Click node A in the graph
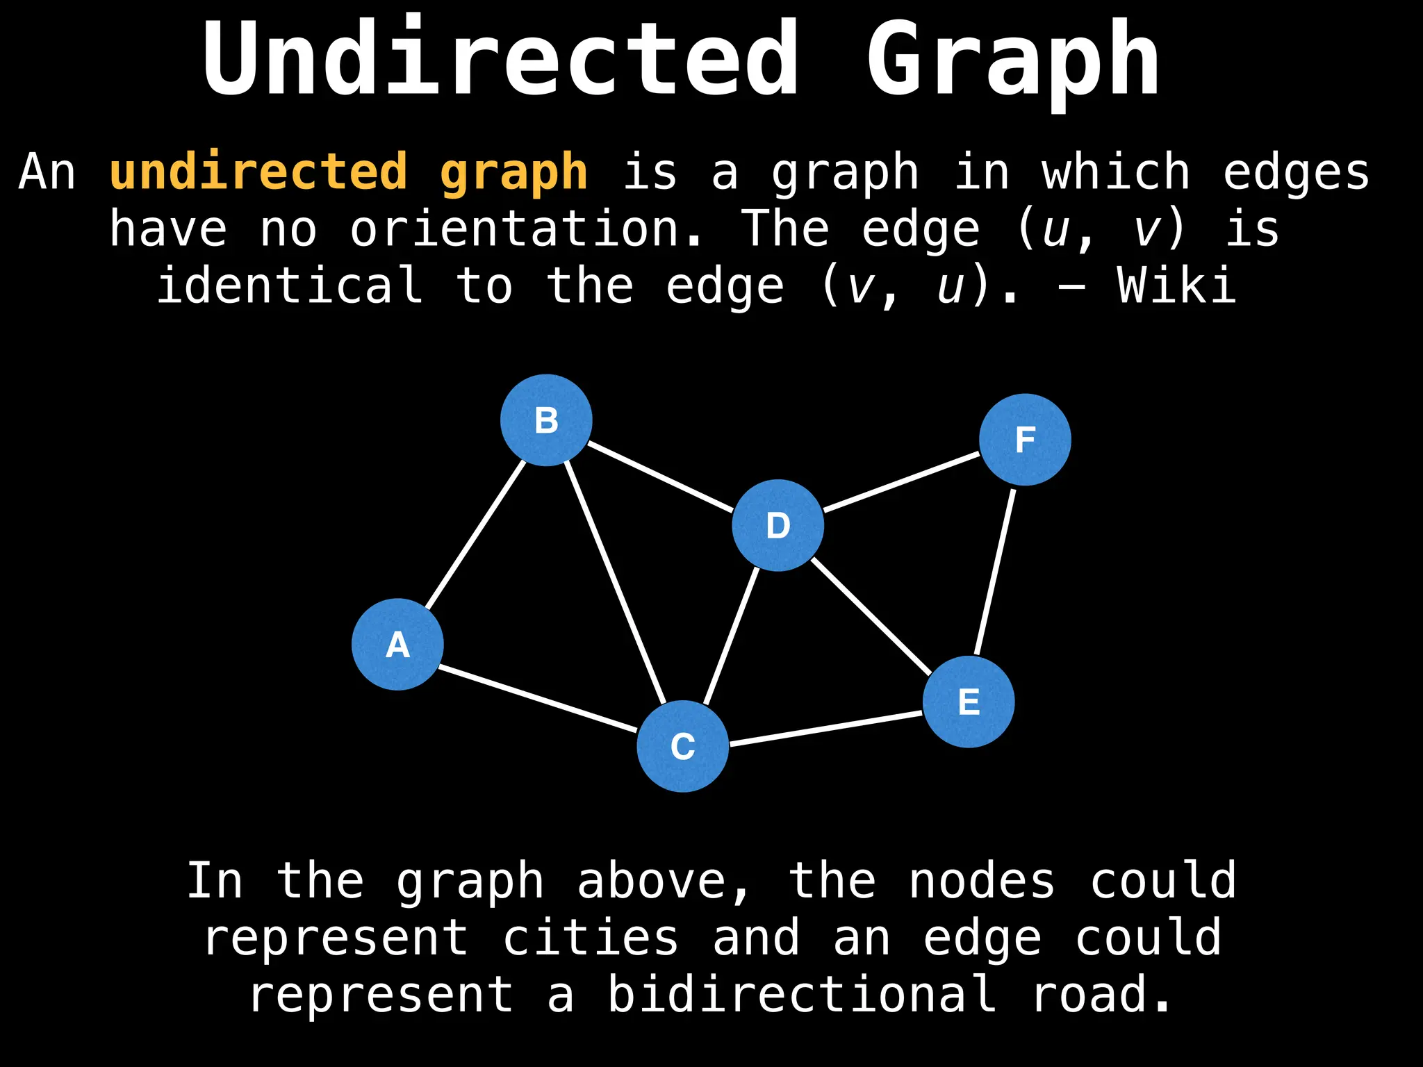click(x=397, y=644)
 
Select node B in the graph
click(x=546, y=420)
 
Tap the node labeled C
click(x=682, y=746)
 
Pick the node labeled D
click(x=778, y=525)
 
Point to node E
click(x=969, y=702)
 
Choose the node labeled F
click(x=1025, y=439)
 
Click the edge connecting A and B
click(x=475, y=534)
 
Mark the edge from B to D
click(x=660, y=476)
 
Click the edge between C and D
click(x=731, y=635)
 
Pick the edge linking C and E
click(x=825, y=729)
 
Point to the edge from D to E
click(x=871, y=615)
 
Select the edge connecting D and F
click(x=901, y=482)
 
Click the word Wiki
click(x=1176, y=286)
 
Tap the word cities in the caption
click(x=591, y=938)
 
